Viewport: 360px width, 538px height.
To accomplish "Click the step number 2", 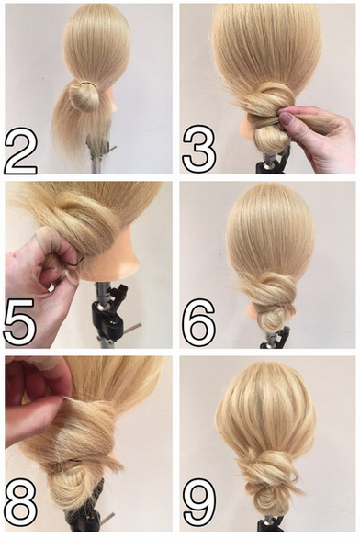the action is click(20, 152).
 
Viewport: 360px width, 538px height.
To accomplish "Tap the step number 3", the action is click(199, 148).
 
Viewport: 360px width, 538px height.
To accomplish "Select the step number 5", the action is click(19, 322).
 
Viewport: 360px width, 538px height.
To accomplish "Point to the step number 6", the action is click(198, 321).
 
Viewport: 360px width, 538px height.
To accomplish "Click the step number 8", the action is click(21, 503).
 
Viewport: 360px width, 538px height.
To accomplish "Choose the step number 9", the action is click(199, 503).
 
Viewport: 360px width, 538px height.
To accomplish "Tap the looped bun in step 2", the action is click(84, 96).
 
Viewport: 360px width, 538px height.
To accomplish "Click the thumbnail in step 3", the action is click(287, 119).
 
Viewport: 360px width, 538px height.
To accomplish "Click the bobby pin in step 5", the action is click(79, 260).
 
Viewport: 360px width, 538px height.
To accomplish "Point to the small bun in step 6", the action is click(273, 318).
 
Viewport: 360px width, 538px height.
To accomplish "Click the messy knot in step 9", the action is click(271, 466).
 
